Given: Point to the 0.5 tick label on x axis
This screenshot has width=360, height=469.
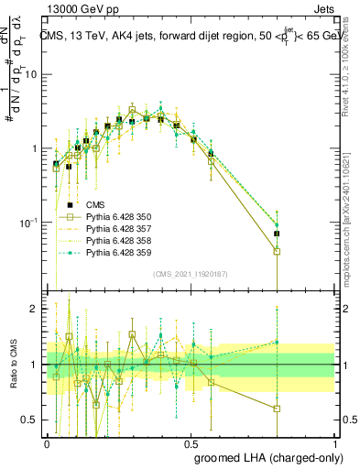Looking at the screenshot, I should coord(191,442).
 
